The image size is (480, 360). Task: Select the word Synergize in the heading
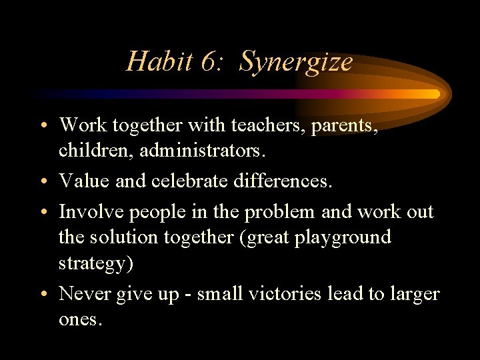point(295,62)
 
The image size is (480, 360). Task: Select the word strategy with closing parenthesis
point(96,263)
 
